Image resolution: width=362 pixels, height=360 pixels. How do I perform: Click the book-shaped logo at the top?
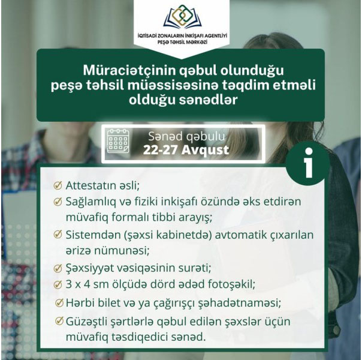(182, 17)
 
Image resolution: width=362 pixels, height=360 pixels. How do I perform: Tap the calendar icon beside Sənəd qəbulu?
(118, 141)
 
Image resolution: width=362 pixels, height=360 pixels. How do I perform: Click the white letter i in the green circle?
(309, 163)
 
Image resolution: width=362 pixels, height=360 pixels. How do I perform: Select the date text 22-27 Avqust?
(186, 150)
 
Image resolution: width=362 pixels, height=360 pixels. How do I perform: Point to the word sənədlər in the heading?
(209, 100)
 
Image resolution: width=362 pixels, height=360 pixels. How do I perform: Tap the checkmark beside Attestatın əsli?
(58, 185)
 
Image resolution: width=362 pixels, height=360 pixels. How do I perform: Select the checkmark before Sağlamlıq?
(58, 202)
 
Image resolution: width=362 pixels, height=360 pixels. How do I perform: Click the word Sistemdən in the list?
(92, 235)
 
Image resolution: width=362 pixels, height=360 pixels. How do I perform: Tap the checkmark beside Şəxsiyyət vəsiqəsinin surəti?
(58, 268)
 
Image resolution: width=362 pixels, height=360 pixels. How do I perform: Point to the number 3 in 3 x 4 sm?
(69, 284)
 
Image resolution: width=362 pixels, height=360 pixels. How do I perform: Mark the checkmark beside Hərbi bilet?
(59, 302)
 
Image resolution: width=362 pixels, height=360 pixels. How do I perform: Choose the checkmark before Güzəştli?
(59, 321)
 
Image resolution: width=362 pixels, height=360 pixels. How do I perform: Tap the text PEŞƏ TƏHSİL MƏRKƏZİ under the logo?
(182, 42)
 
